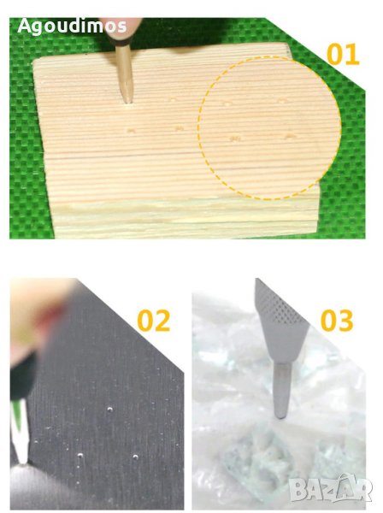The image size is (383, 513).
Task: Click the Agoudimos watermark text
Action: point(72,26)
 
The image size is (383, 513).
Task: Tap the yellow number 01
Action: point(343,55)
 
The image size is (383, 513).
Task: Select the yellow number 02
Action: point(154,321)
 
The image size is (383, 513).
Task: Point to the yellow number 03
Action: point(337,321)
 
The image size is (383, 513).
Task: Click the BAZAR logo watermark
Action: point(331,489)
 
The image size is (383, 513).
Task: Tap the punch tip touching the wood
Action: point(128,101)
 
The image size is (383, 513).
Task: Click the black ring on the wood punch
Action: point(123,42)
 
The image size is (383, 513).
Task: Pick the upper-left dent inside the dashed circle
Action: point(227,103)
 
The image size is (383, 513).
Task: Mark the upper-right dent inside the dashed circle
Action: point(281,101)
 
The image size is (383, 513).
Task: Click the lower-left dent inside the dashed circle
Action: point(235,139)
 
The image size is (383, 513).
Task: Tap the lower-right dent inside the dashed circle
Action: point(289,136)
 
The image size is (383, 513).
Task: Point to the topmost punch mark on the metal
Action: point(110,409)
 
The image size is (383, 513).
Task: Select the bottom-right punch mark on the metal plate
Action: point(135,457)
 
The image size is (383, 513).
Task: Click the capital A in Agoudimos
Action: point(25,27)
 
